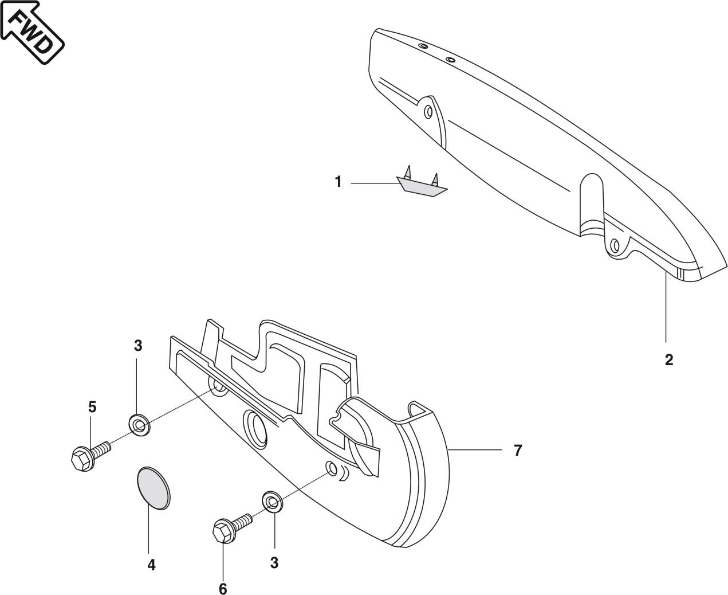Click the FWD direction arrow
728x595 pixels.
pyautogui.click(x=32, y=32)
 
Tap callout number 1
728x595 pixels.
pyautogui.click(x=339, y=182)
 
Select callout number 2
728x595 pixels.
pyautogui.click(x=668, y=361)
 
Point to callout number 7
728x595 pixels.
pyautogui.click(x=518, y=450)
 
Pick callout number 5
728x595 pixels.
pyautogui.click(x=92, y=407)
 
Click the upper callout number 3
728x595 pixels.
pyautogui.click(x=138, y=346)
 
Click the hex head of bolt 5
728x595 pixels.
pyautogui.click(x=82, y=459)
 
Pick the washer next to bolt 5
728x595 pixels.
pyautogui.click(x=139, y=424)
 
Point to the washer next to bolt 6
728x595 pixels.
pyautogui.click(x=273, y=501)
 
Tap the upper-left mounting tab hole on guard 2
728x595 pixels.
pyautogui.click(x=428, y=112)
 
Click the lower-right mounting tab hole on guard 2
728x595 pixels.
pyautogui.click(x=615, y=246)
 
